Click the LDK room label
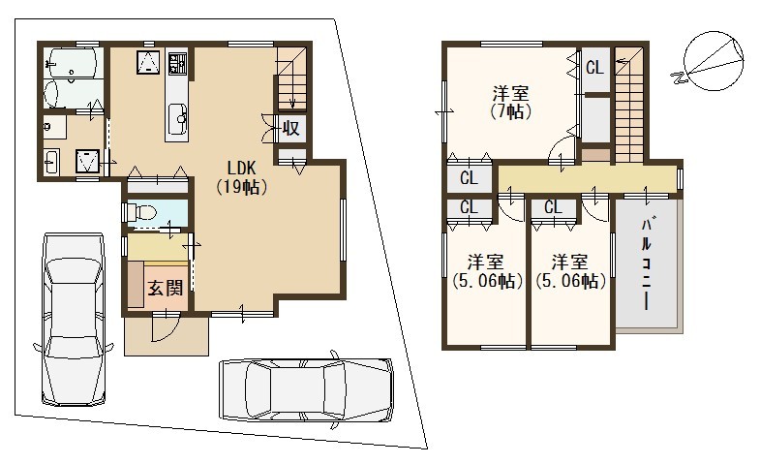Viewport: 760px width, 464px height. (x=241, y=177)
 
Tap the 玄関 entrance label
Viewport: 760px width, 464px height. (x=166, y=288)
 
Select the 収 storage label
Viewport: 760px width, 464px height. (x=290, y=129)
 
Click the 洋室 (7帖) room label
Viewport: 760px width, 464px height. (x=510, y=103)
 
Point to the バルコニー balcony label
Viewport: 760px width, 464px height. (x=646, y=264)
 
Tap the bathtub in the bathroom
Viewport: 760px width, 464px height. (x=73, y=64)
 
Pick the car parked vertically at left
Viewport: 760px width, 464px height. (x=74, y=319)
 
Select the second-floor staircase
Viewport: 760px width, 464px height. (x=629, y=105)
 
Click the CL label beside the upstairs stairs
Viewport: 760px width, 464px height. (x=594, y=68)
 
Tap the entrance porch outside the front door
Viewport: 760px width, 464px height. (x=167, y=336)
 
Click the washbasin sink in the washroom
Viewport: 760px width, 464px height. (x=51, y=162)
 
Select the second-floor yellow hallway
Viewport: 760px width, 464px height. (x=588, y=179)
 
